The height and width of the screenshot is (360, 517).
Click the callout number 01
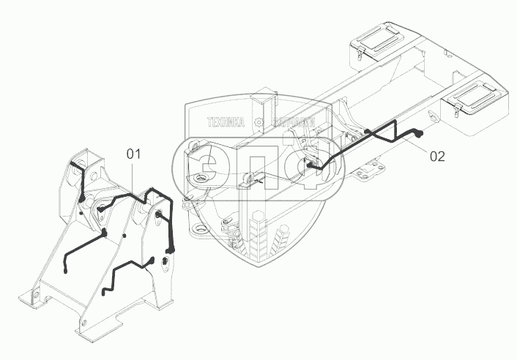[x=133, y=154]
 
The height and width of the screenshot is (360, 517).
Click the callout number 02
[x=436, y=155]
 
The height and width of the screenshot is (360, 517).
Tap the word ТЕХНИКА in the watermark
[x=228, y=124]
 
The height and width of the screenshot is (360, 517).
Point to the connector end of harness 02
[x=422, y=134]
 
